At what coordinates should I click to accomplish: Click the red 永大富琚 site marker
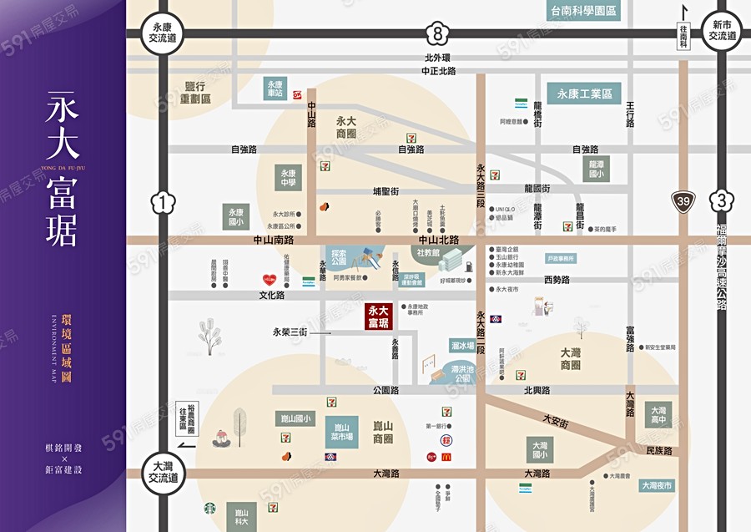pyautogui.click(x=378, y=316)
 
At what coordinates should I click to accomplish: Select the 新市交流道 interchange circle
pyautogui.click(x=723, y=32)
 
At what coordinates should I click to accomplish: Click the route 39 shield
pyautogui.click(x=684, y=201)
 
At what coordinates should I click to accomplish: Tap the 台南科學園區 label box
pyautogui.click(x=584, y=11)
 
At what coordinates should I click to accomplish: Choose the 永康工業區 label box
pyautogui.click(x=585, y=94)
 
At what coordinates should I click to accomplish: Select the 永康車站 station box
pyautogui.click(x=276, y=89)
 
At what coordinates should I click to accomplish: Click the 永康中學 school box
pyautogui.click(x=289, y=177)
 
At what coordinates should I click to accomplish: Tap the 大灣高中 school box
pyautogui.click(x=658, y=414)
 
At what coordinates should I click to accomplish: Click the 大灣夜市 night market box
pyautogui.click(x=657, y=485)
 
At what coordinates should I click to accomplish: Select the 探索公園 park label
pyautogui.click(x=339, y=257)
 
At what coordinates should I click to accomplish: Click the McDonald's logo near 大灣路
pyautogui.click(x=446, y=457)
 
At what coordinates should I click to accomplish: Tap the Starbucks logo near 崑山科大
pyautogui.click(x=209, y=508)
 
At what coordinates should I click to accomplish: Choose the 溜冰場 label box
pyautogui.click(x=462, y=346)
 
